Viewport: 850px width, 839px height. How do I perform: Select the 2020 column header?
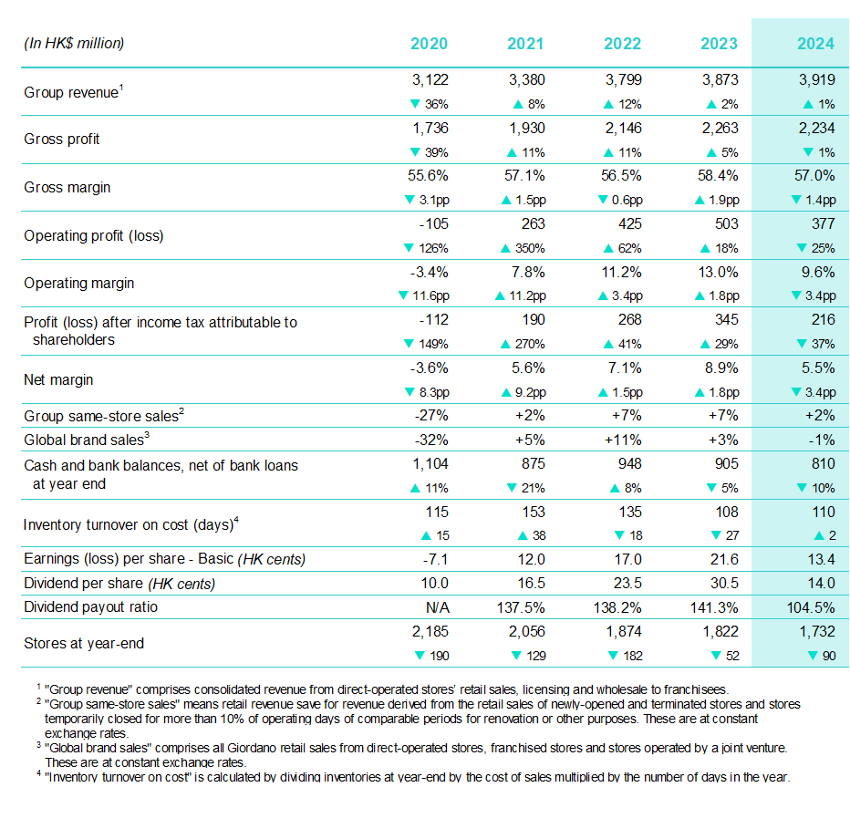[x=429, y=44]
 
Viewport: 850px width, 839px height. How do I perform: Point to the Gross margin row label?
[x=67, y=187]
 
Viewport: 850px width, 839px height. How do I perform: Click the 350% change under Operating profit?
[x=526, y=248]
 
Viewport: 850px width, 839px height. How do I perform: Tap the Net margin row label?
[x=58, y=379]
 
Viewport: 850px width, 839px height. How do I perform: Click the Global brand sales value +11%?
[x=623, y=440]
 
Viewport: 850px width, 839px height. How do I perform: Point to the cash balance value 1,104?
[x=429, y=465]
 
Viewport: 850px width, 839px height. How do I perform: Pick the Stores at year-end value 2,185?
[x=429, y=631]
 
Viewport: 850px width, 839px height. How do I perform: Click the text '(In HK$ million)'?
[x=74, y=44]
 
